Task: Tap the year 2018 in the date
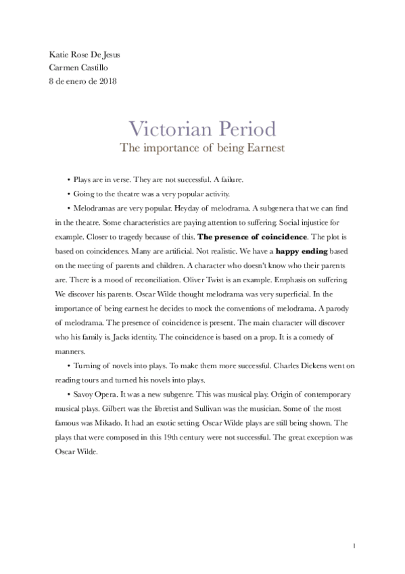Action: coord(107,81)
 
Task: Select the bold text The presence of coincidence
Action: coord(252,238)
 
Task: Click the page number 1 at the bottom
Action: coord(354,546)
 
